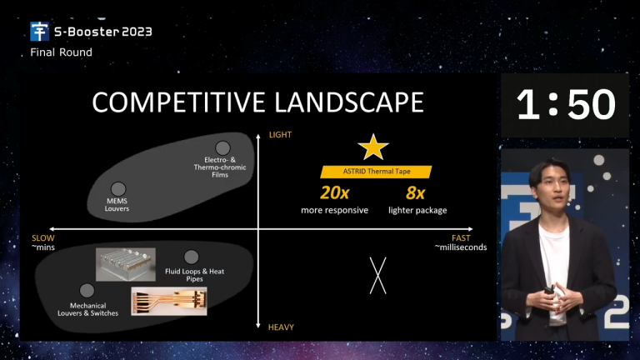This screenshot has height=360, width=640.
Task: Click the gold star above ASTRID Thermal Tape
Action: pos(373,147)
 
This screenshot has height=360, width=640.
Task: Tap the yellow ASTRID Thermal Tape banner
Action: pos(376,172)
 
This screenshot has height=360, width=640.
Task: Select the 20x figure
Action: pos(335,192)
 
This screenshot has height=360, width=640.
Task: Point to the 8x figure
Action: pos(416,192)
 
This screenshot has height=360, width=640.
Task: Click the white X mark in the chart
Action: pos(378,276)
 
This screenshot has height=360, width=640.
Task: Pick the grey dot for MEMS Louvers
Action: pos(118,189)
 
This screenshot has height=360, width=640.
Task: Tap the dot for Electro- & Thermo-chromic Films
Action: pos(222,148)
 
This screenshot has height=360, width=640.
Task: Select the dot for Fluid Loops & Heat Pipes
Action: pos(191,257)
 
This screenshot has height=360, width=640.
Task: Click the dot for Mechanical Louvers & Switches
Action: pos(87,291)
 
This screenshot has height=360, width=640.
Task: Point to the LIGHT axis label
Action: pos(280,135)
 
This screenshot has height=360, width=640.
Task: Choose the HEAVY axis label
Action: pos(281,327)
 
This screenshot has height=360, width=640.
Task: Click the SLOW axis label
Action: pos(42,238)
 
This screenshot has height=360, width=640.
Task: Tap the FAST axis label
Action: pos(461,238)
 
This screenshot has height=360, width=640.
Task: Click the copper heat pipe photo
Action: pos(169,301)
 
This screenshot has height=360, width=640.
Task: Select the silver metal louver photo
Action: pos(126,264)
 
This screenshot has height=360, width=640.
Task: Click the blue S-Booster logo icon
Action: pos(40,32)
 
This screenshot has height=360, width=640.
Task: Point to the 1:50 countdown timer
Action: pos(566,105)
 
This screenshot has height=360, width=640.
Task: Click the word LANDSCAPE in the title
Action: pos(349,102)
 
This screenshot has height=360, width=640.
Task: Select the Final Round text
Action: pos(61,52)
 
